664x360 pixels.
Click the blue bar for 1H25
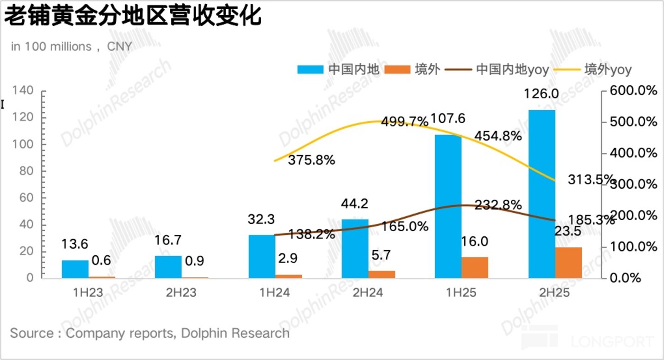[448, 206]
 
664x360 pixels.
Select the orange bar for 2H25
[568, 263]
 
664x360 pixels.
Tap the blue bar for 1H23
[75, 269]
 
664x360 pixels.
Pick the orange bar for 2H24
[382, 274]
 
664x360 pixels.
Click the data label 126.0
[541, 94]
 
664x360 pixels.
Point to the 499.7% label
[405, 121]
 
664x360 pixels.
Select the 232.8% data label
[498, 204]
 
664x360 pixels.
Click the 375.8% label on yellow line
[311, 160]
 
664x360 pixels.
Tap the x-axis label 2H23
[181, 293]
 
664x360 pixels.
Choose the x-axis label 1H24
[275, 293]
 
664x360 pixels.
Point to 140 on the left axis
[23, 90]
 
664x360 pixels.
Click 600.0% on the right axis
[634, 90]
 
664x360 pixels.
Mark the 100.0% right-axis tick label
[634, 246]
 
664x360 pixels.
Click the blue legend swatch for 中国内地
[311, 69]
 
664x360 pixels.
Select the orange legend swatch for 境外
[397, 69]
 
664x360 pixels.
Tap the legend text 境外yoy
[608, 69]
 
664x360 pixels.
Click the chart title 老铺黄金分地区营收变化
[133, 16]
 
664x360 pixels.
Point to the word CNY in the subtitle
[120, 47]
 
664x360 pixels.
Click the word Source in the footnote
[32, 333]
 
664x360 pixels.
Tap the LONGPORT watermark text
[612, 342]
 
